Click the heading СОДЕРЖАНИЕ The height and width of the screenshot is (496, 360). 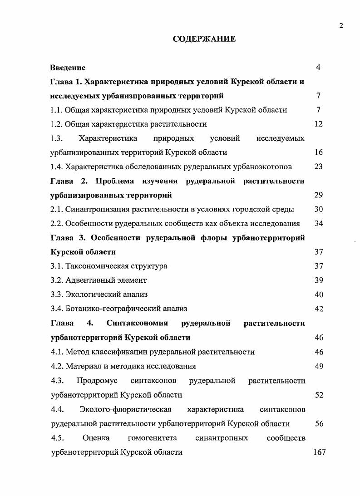click(x=204, y=39)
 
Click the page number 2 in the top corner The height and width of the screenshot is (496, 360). click(x=341, y=25)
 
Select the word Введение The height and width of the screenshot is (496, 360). click(x=68, y=68)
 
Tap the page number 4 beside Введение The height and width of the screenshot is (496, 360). click(x=318, y=68)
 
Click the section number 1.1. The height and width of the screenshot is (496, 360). click(x=56, y=110)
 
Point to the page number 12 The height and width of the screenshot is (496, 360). click(x=318, y=124)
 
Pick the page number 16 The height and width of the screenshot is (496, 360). click(x=318, y=152)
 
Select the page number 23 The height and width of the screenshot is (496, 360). click(x=318, y=167)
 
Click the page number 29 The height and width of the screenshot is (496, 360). click(x=318, y=195)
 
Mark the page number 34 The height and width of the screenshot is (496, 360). click(x=318, y=223)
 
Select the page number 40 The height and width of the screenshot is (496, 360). click(x=318, y=295)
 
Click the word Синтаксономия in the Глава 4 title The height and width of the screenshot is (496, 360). click(x=137, y=323)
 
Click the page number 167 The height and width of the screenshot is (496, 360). click(x=319, y=452)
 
